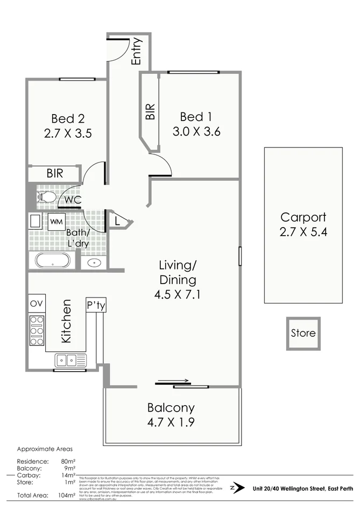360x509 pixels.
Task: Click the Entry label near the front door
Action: tap(136, 51)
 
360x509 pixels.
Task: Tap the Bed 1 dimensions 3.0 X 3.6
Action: tap(196, 131)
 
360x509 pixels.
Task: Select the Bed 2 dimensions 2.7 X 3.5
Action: tap(67, 132)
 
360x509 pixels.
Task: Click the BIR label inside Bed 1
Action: tap(151, 111)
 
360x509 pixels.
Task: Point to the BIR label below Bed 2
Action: tap(54, 173)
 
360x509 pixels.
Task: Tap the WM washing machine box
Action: tap(56, 221)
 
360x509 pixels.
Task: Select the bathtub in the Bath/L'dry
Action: tap(52, 261)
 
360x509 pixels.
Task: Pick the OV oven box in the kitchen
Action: tap(37, 304)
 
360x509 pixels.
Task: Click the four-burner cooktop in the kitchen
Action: tap(37, 330)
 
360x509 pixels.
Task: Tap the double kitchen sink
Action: tap(70, 359)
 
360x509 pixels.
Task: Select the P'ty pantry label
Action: tap(96, 305)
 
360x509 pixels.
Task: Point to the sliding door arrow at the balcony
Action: tap(173, 382)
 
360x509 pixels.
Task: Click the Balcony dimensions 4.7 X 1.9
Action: tap(171, 421)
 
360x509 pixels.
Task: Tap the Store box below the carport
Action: tap(303, 333)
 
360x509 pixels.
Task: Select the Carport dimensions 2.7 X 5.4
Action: tap(303, 232)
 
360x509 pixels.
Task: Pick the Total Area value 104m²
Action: tap(64, 495)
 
